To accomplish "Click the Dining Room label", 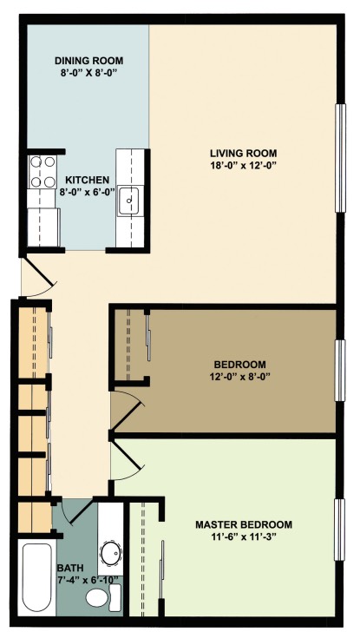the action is [88, 61].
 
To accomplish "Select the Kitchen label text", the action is [88, 180].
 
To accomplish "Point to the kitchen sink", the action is [128, 201].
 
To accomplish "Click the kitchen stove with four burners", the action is [43, 172].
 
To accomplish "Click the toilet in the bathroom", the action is [103, 597].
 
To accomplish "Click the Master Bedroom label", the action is [244, 524].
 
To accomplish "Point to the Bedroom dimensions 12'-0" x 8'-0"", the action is [240, 377].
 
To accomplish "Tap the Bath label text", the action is [70, 569].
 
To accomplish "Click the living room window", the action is [341, 158].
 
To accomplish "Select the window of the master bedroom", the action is [341, 530].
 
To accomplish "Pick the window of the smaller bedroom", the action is [341, 371].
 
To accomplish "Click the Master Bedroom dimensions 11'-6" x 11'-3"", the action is [244, 537].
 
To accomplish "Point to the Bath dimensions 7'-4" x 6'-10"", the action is [88, 580].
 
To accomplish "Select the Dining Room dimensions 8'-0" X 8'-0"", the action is [88, 73].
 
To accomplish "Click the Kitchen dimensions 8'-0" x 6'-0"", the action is [88, 191].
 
